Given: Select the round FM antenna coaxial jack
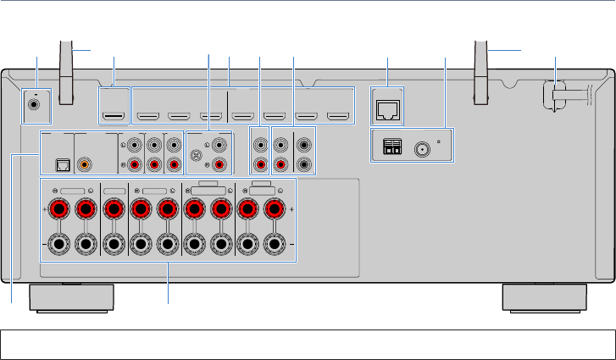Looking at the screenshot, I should click(x=422, y=152).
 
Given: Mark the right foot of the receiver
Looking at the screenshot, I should click(x=543, y=298).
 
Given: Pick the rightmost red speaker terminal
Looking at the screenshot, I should click(x=274, y=208).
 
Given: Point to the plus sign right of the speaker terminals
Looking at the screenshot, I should click(x=293, y=208).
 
